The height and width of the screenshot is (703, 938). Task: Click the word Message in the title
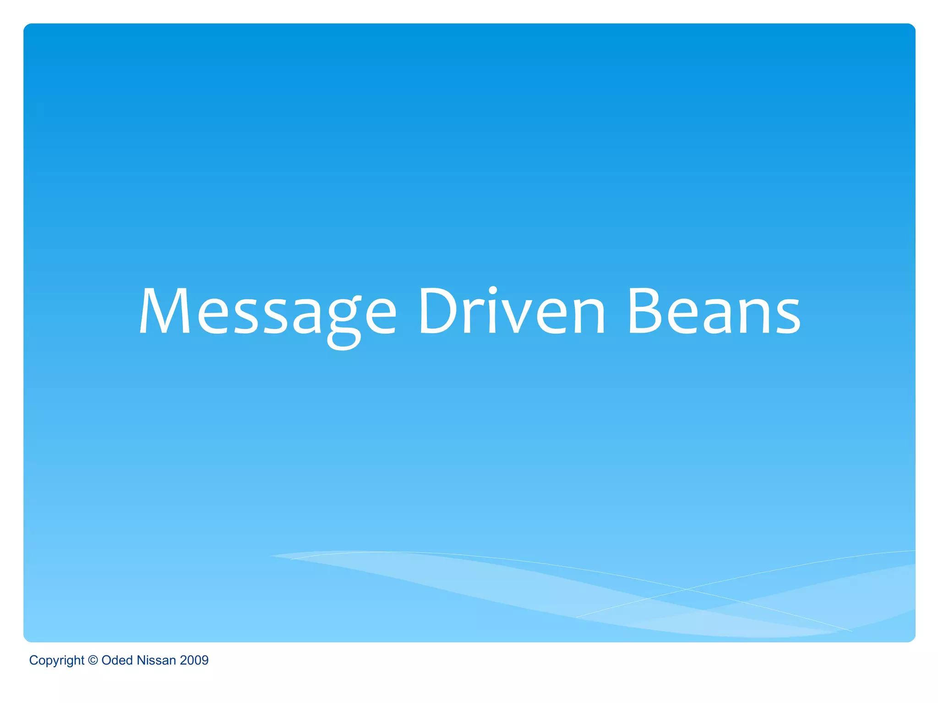(x=267, y=312)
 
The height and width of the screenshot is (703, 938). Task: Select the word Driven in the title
(x=512, y=312)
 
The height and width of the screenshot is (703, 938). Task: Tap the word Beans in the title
(x=714, y=312)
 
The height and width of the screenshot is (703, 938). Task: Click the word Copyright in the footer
(x=56, y=660)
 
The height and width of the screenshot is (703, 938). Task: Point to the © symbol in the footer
(x=93, y=660)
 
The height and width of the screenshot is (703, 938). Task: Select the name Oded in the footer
(x=117, y=660)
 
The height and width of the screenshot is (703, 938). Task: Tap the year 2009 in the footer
(x=194, y=660)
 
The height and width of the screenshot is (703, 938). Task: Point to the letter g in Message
(x=344, y=320)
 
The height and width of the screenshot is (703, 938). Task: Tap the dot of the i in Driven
(x=492, y=290)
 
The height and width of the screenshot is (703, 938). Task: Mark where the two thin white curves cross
(x=686, y=589)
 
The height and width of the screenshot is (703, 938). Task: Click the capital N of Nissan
(x=141, y=660)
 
